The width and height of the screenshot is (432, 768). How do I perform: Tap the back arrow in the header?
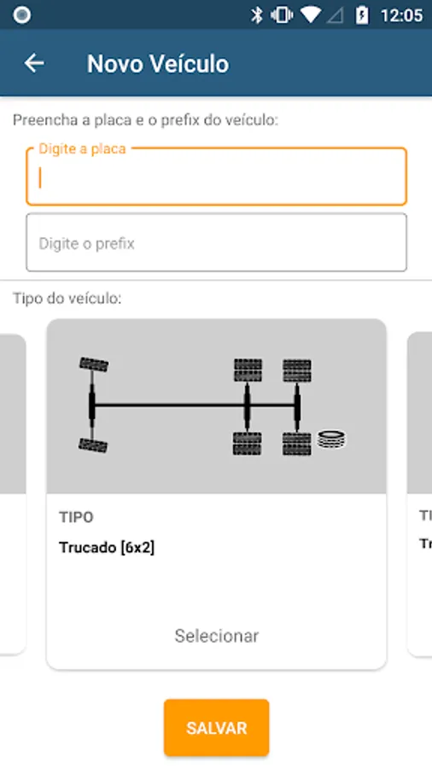[x=34, y=63]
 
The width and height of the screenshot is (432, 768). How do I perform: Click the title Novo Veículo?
[x=158, y=64]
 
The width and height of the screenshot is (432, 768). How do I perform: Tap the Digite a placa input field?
[x=217, y=177]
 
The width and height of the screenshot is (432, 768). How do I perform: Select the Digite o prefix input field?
[x=217, y=242]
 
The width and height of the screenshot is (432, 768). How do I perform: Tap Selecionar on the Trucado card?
[x=217, y=636]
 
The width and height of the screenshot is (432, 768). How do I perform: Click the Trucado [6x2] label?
[x=107, y=548]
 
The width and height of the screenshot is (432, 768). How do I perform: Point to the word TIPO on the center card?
[x=76, y=517]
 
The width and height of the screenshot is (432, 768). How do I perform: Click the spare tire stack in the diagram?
[x=331, y=439]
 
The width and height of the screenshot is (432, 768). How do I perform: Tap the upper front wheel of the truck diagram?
[x=94, y=364]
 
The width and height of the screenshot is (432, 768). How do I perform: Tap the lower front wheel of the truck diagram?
[x=93, y=445]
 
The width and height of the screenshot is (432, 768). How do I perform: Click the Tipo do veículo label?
[x=67, y=299]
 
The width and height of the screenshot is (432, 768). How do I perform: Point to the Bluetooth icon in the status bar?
[x=257, y=15]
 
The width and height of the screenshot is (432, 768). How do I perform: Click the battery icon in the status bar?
[x=362, y=15]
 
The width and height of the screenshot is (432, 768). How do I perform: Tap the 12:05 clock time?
[x=401, y=15]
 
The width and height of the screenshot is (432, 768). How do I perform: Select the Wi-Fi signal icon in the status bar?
[x=311, y=15]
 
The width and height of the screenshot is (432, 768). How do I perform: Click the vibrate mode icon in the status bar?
[x=282, y=15]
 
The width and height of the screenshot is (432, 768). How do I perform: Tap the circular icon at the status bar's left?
[x=21, y=15]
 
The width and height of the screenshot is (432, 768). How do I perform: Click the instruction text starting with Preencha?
[x=145, y=120]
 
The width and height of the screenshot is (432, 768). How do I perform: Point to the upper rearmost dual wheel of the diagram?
[x=297, y=370]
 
